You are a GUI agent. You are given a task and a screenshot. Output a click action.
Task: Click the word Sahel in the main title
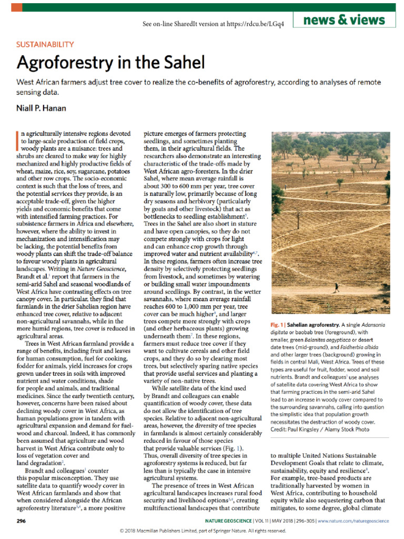pyautogui.click(x=179, y=63)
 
